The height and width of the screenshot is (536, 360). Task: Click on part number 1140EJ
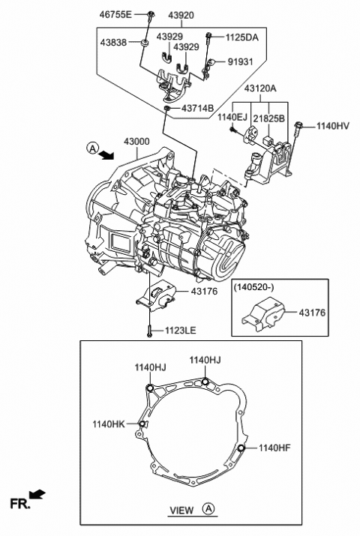pyautogui.click(x=232, y=117)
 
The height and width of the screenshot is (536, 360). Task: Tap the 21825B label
pyautogui.click(x=268, y=117)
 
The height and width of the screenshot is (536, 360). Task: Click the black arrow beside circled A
pyautogui.click(x=107, y=154)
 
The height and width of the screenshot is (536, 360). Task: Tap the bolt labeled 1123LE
pyautogui.click(x=150, y=329)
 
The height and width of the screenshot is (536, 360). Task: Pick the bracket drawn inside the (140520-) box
pyautogui.click(x=258, y=316)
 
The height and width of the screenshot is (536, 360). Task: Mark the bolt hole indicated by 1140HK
pyautogui.click(x=141, y=424)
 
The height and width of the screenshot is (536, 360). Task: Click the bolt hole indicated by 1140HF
pyautogui.click(x=241, y=448)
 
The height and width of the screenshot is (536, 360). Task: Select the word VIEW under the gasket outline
pyautogui.click(x=181, y=511)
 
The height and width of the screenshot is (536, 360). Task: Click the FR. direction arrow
pyautogui.click(x=37, y=495)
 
